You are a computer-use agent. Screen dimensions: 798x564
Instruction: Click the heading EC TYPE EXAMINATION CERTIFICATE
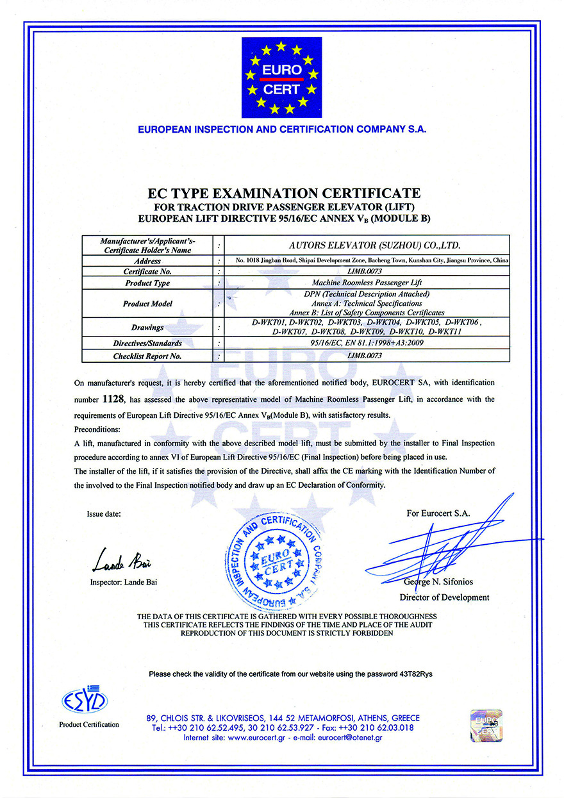[x=284, y=193]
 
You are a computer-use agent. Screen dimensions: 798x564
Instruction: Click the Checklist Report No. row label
[x=148, y=356]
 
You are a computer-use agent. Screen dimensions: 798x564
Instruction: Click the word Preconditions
[x=98, y=429]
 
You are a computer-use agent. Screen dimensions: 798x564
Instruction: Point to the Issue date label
[x=104, y=514]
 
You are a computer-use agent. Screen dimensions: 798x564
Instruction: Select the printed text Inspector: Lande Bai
[x=124, y=583]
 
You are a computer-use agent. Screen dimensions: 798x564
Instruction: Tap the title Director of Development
[x=444, y=597]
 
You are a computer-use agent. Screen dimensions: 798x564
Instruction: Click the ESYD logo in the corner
[x=85, y=702]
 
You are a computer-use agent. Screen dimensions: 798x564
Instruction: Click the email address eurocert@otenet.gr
[x=350, y=738]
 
